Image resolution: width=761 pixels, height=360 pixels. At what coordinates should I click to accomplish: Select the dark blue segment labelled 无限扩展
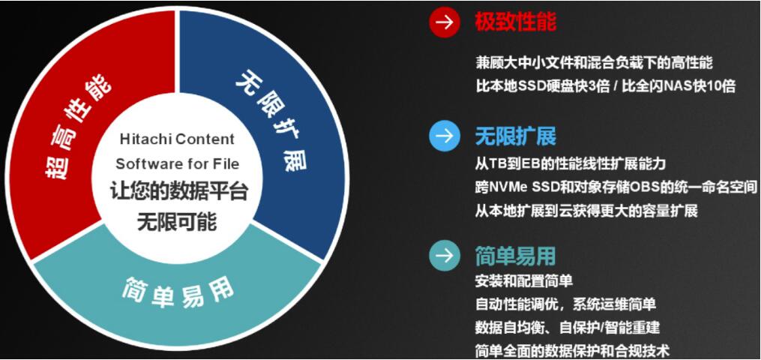[273, 120]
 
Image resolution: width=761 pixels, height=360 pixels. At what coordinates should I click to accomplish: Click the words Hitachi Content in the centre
[177, 139]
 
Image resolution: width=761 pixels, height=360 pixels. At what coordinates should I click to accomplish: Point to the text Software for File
[177, 163]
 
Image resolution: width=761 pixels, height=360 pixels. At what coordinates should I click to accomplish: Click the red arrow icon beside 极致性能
[444, 22]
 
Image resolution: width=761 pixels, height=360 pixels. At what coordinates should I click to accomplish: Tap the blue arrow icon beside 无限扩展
[444, 136]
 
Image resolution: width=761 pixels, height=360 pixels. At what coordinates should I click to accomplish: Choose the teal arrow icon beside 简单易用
[444, 256]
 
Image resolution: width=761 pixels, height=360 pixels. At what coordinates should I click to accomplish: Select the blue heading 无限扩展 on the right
[515, 136]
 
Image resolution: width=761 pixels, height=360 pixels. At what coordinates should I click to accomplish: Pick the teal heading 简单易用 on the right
[515, 256]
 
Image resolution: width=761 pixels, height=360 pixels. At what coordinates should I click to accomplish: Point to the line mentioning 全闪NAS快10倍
[606, 85]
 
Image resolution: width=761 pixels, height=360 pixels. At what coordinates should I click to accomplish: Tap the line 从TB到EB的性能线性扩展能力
[571, 163]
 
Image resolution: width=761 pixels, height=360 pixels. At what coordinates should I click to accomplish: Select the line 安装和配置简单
[524, 281]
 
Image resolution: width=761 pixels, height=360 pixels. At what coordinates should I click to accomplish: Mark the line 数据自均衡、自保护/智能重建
[568, 328]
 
